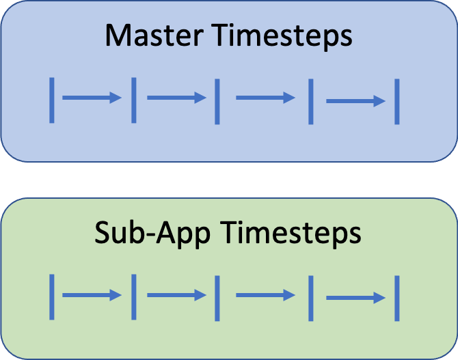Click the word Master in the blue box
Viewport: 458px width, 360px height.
click(154, 36)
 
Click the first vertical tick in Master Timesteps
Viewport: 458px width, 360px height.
click(52, 100)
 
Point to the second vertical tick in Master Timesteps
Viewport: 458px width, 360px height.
click(134, 100)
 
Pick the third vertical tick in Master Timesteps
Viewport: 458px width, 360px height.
click(217, 102)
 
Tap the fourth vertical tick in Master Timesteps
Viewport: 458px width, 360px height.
click(311, 102)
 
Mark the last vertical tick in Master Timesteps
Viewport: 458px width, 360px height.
click(397, 102)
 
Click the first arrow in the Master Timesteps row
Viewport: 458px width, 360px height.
click(92, 98)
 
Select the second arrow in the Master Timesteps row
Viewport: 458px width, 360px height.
click(177, 98)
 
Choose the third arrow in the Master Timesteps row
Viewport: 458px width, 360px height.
click(265, 98)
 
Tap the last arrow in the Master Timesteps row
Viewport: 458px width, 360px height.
click(355, 101)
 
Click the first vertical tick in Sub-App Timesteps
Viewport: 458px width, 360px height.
click(52, 297)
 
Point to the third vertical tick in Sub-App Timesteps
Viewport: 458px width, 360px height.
click(217, 299)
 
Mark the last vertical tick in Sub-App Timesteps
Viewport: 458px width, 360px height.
click(397, 299)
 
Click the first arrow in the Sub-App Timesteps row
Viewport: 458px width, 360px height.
click(92, 295)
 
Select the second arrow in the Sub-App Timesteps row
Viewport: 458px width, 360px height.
click(177, 295)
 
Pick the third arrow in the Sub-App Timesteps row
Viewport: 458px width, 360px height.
click(265, 295)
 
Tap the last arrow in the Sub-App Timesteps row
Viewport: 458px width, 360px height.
click(355, 298)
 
